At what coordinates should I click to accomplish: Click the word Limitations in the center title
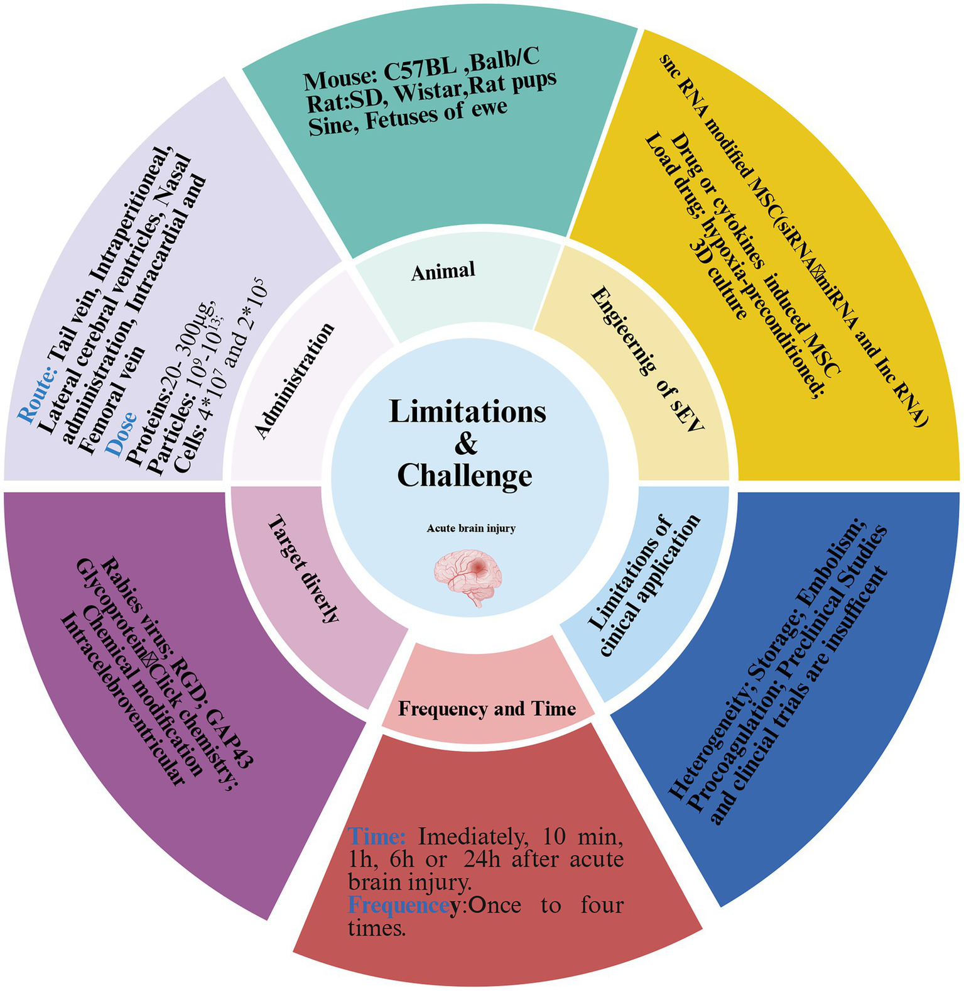point(467,412)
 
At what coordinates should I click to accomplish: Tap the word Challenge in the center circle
point(465,475)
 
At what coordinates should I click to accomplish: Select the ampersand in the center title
point(466,444)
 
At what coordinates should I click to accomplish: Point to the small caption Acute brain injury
point(471,528)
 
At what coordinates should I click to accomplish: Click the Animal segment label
point(443,271)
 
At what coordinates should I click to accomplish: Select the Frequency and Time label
point(487,709)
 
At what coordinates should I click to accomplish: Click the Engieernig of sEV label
point(647,359)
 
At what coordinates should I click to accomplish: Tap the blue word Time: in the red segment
point(377,837)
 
